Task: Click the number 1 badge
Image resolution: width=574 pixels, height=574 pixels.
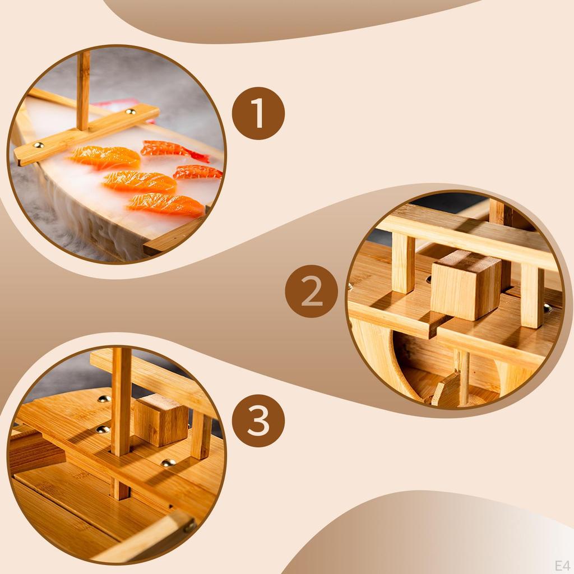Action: pyautogui.click(x=258, y=114)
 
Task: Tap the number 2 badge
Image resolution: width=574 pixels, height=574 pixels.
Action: pyautogui.click(x=311, y=291)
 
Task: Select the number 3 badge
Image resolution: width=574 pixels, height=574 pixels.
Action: pyautogui.click(x=258, y=420)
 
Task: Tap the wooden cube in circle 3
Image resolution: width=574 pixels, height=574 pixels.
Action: pyautogui.click(x=160, y=419)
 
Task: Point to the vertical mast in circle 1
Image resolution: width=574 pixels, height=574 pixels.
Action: pyautogui.click(x=83, y=90)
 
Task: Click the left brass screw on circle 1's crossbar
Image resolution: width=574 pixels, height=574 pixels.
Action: pyautogui.click(x=39, y=146)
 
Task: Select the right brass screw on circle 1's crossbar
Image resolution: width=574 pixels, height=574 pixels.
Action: pyautogui.click(x=131, y=112)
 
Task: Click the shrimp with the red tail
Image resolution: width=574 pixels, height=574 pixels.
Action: pyautogui.click(x=171, y=150)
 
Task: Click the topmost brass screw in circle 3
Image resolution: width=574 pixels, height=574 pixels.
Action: pyautogui.click(x=104, y=399)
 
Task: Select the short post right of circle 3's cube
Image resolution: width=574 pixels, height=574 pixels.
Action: pyautogui.click(x=200, y=434)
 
